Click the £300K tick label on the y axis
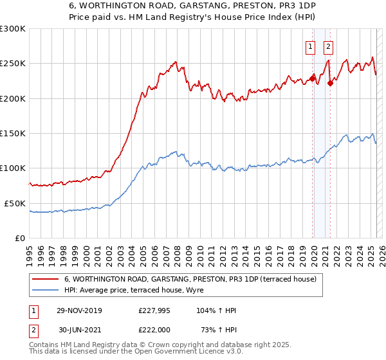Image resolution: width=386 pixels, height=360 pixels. [x=12, y=29]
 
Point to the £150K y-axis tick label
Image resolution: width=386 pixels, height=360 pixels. [x=12, y=134]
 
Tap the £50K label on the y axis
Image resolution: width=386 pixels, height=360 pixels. [x=14, y=203]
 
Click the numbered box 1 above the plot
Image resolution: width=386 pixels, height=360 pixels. [x=310, y=46]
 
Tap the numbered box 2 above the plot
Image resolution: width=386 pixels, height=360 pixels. [x=328, y=46]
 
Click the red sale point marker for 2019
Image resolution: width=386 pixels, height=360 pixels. [x=313, y=78]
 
